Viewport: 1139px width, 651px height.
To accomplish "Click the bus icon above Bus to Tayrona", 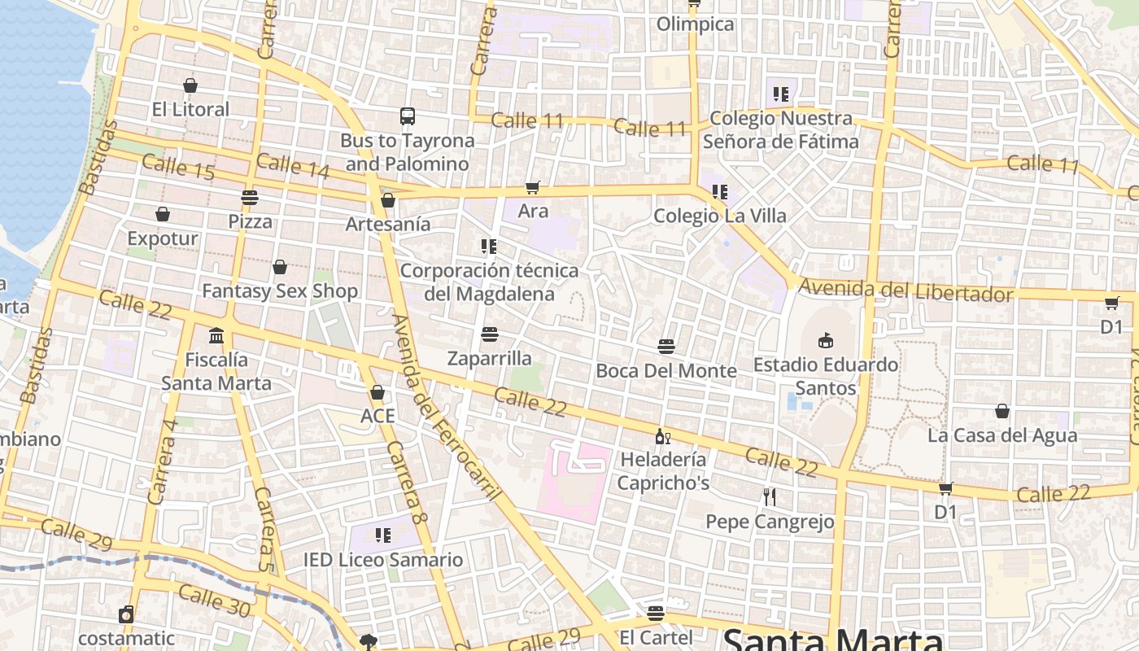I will coord(408,116).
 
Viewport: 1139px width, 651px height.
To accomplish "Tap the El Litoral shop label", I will coord(190,109).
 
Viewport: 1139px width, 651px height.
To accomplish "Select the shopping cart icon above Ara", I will coord(533,188).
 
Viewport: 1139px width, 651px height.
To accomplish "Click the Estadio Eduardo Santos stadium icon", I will coord(826,340).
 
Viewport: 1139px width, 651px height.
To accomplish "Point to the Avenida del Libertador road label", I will coord(906,291).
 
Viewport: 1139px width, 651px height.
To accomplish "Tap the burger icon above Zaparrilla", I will coord(489,334).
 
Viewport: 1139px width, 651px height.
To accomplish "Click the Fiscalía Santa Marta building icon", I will coord(216,335).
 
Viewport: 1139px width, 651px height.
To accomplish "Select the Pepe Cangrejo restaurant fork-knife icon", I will coord(770,496).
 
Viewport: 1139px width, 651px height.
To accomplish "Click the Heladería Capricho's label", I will coord(663,471).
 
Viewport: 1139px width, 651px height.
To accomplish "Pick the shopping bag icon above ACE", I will coord(377,392).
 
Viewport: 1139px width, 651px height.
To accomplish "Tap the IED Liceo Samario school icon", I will coord(382,535).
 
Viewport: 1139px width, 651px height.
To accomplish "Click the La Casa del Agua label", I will coord(1002,435).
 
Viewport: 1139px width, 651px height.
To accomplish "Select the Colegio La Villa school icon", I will coord(719,192).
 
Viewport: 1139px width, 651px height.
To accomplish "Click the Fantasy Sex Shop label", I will coord(280,291).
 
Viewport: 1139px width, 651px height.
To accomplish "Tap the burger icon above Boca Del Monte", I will coord(666,347).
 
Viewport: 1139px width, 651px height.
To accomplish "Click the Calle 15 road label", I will coord(178,168).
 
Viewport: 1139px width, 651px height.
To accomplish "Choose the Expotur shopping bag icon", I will coord(163,214).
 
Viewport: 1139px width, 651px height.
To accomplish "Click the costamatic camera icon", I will coord(126,614).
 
